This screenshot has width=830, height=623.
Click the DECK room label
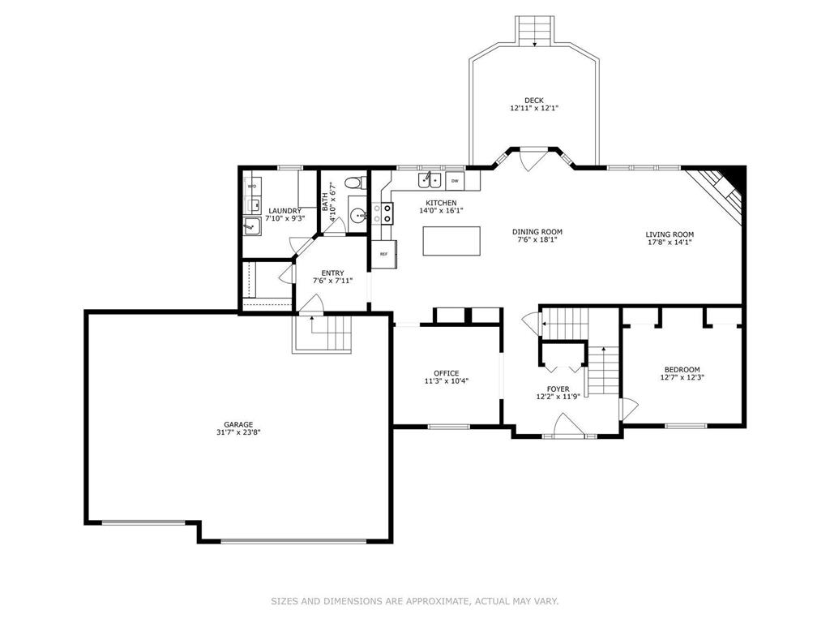534,100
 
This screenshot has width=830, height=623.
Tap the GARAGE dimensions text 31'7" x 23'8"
238,432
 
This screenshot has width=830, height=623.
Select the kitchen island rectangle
451,241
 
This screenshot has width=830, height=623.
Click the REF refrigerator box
383,254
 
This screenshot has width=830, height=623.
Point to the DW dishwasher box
455,181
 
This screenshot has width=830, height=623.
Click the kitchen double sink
430,180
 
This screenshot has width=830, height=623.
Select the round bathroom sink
359,216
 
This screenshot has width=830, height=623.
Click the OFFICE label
447,373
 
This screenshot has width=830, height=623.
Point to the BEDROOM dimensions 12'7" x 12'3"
682,377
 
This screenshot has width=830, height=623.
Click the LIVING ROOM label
670,234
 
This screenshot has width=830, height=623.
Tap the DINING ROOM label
537,231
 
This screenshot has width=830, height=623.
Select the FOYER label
558,389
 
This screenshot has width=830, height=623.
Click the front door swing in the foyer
567,424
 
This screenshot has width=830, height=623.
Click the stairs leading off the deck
535,30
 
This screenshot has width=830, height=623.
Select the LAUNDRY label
285,210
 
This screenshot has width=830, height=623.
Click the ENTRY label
332,273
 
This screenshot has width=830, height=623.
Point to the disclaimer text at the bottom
415,601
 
